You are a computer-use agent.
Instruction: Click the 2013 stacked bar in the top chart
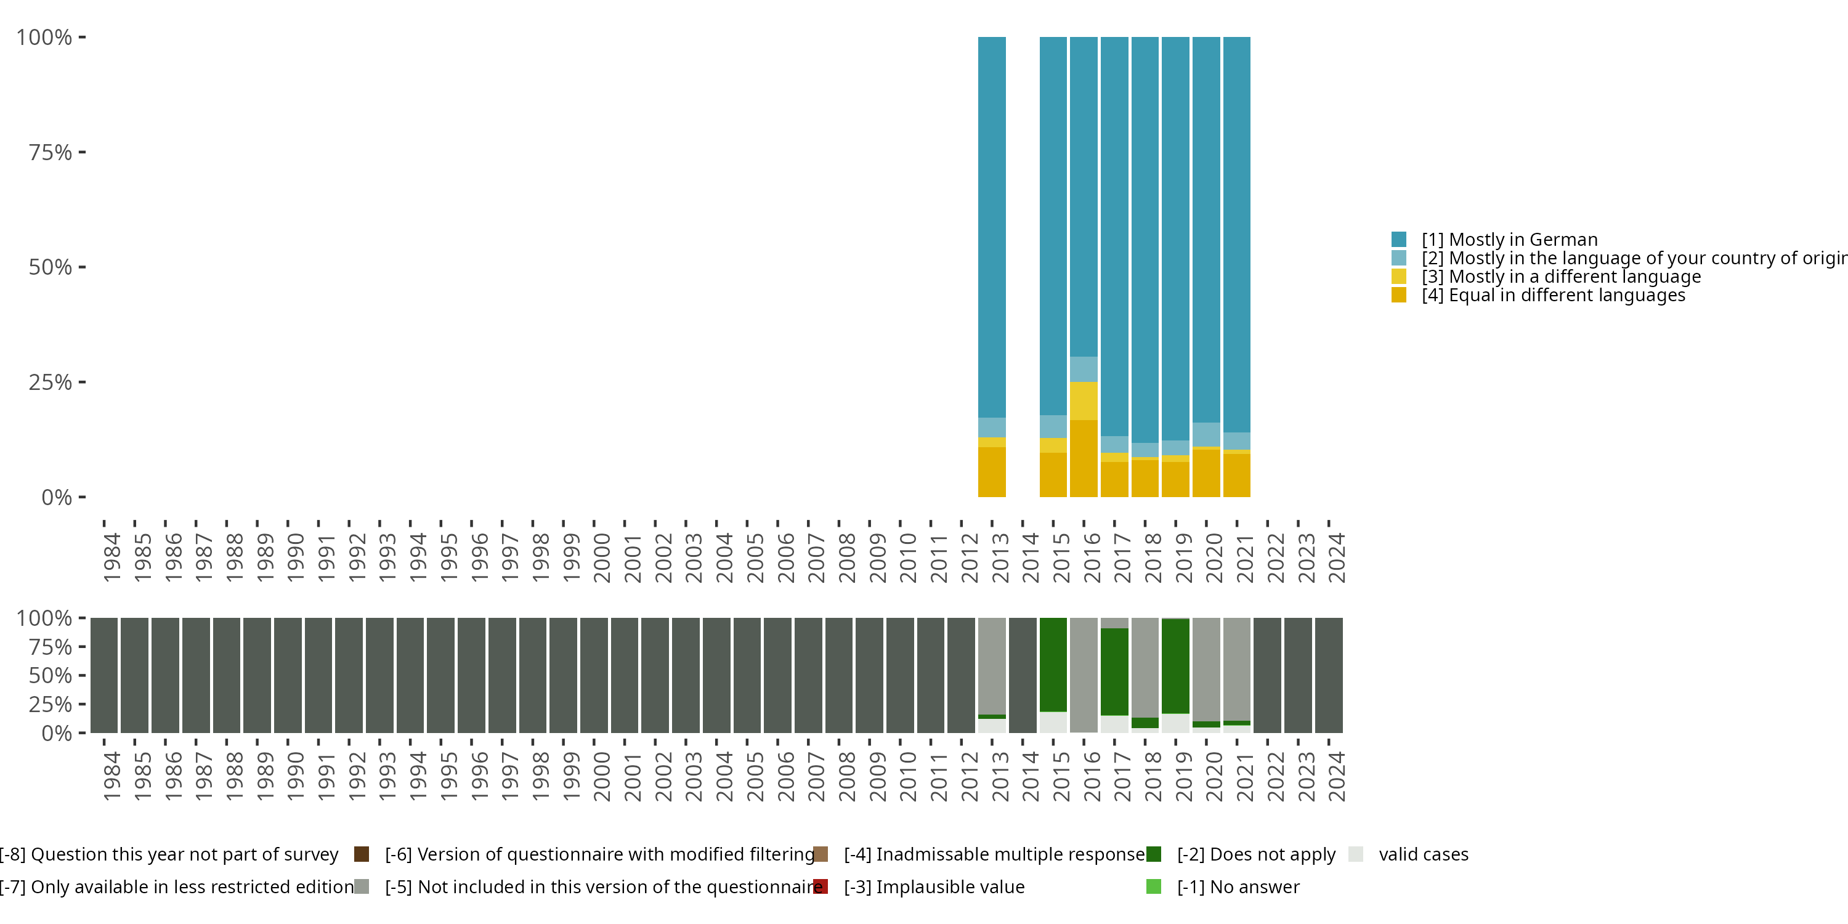click(991, 265)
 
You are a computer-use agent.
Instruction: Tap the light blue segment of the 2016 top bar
click(1084, 369)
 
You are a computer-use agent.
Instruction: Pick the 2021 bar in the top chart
click(1236, 265)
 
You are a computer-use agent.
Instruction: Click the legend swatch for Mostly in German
click(1398, 240)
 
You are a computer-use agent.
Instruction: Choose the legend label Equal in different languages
click(1552, 296)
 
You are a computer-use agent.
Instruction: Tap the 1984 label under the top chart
click(112, 557)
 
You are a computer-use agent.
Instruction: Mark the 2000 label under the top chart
click(601, 557)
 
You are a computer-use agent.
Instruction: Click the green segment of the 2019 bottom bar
click(1175, 666)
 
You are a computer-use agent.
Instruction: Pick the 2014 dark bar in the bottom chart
click(1023, 675)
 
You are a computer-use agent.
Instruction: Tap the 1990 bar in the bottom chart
click(288, 675)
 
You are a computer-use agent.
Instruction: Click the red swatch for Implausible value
click(821, 886)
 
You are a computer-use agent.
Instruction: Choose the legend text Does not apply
click(1256, 854)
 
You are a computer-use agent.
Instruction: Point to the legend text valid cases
click(1424, 854)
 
